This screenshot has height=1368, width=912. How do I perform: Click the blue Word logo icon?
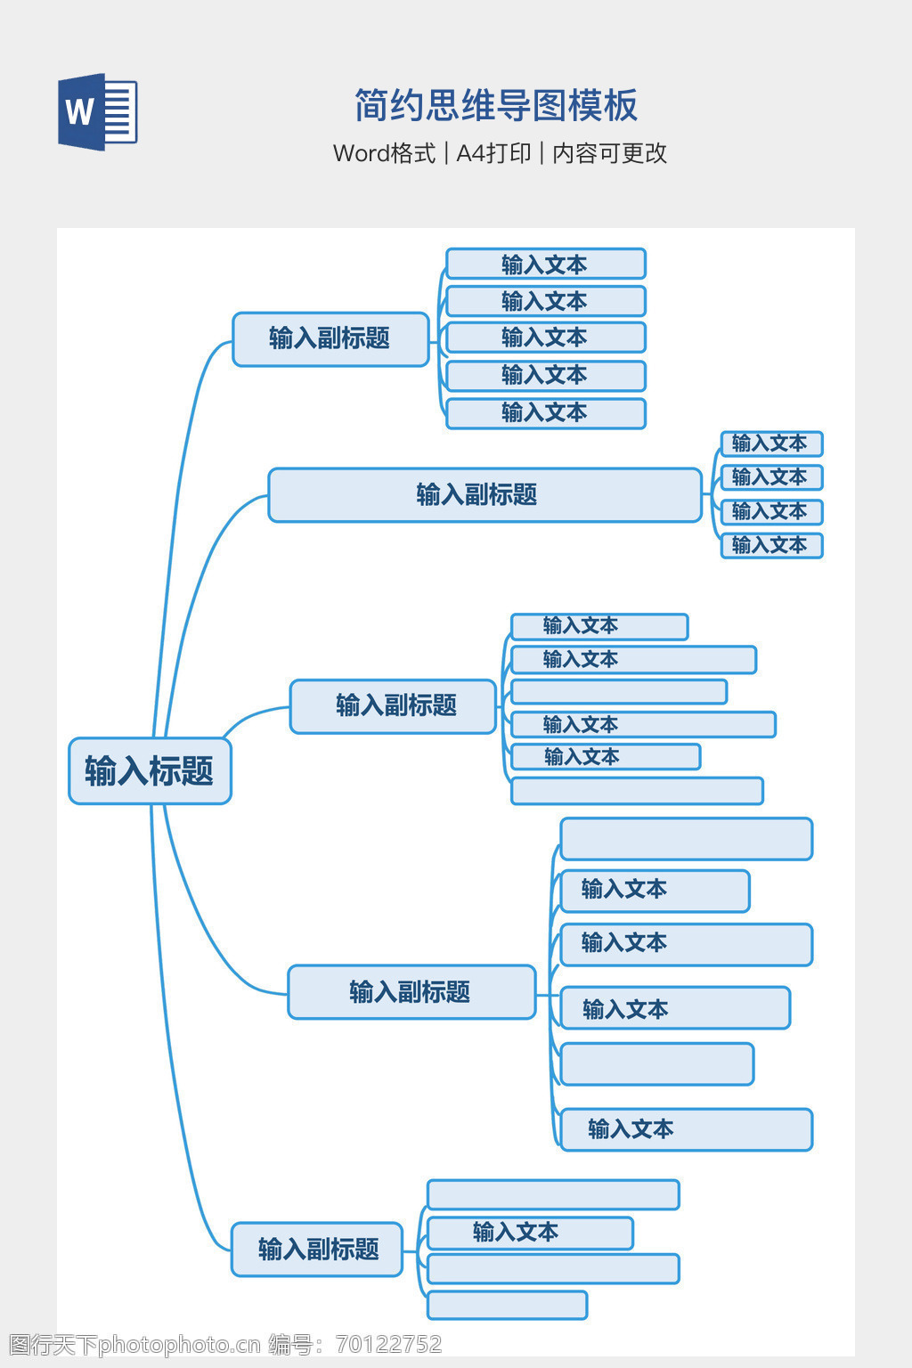pyautogui.click(x=97, y=111)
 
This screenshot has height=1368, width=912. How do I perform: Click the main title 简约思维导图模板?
pyautogui.click(x=496, y=105)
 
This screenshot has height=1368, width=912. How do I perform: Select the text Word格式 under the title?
pyautogui.click(x=384, y=153)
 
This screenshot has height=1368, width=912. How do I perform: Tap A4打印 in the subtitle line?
pyautogui.click(x=493, y=153)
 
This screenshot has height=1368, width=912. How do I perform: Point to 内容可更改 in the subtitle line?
pyautogui.click(x=609, y=153)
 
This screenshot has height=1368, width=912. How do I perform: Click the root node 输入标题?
pyautogui.click(x=150, y=770)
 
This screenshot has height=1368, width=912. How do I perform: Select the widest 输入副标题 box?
pyautogui.click(x=484, y=494)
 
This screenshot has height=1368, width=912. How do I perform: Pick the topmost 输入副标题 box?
pyautogui.click(x=330, y=338)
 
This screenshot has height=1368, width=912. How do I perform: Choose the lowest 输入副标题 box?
pyautogui.click(x=317, y=1249)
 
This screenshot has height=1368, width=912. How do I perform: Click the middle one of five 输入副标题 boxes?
pyautogui.click(x=393, y=706)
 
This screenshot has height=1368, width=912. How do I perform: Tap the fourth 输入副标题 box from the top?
pyautogui.click(x=411, y=991)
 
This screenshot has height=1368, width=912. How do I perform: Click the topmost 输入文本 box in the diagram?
pyautogui.click(x=545, y=265)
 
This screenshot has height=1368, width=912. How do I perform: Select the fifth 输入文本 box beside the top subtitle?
pyautogui.click(x=545, y=413)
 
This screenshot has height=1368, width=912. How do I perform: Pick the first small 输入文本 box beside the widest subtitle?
pyautogui.click(x=771, y=444)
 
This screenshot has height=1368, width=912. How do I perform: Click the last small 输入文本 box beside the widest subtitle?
pyautogui.click(x=771, y=545)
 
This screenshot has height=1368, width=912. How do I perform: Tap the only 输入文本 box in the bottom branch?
pyautogui.click(x=530, y=1233)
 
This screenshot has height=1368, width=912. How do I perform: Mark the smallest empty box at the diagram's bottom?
pyautogui.click(x=507, y=1305)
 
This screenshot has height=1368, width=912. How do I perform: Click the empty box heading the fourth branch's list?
pyautogui.click(x=686, y=839)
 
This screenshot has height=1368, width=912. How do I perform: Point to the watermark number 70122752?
pyautogui.click(x=388, y=1344)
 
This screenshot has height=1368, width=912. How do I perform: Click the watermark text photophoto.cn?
pyautogui.click(x=179, y=1344)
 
